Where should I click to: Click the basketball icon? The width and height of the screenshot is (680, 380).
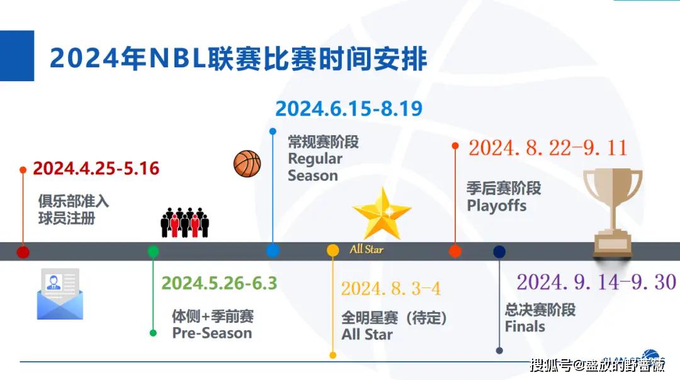pos(247,164)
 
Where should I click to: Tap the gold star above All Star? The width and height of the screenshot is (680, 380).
pos(382,213)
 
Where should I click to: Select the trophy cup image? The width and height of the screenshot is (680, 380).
pos(613,212)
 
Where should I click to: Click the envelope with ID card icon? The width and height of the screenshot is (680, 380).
pos(60,294)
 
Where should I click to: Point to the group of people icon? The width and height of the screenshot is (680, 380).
pos(184,222)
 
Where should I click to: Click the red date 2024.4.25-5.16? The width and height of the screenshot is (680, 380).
pos(96,169)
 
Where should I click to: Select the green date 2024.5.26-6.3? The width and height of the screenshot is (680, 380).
pos(219,283)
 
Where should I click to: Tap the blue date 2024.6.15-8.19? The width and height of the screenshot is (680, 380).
pos(349,108)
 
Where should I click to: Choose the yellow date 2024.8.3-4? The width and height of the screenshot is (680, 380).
pos(391,289)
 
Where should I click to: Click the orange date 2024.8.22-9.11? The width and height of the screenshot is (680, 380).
pos(548,148)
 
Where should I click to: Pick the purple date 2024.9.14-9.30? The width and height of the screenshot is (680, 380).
pos(596,282)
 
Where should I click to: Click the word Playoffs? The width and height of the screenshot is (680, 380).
pos(497,206)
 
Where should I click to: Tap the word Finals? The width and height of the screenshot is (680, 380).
pos(524,327)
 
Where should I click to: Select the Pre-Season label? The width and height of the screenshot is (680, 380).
pos(212,333)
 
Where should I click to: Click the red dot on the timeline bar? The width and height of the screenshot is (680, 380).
pos(23,252)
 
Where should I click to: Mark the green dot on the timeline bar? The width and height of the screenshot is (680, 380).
pos(153,251)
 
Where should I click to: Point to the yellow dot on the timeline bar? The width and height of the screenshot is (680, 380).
pos(332,250)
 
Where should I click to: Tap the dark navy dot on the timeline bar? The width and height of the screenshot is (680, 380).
pos(499,252)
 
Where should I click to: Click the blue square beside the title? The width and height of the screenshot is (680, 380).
pos(17,55)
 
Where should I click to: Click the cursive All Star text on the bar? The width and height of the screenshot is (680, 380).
pos(366,249)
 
